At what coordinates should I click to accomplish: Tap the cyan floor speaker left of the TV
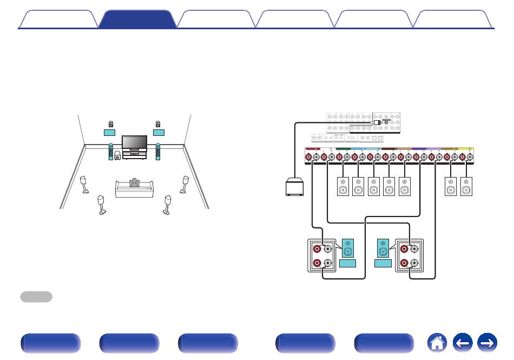click(x=111, y=150)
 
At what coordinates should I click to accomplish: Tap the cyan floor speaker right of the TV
click(x=157, y=150)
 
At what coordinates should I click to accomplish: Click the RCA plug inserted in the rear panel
click(x=378, y=123)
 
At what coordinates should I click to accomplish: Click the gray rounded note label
click(x=36, y=297)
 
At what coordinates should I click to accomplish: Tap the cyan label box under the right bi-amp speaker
click(x=383, y=263)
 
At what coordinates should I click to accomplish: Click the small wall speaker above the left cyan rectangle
click(x=110, y=123)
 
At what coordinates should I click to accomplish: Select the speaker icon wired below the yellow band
click(x=466, y=187)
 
